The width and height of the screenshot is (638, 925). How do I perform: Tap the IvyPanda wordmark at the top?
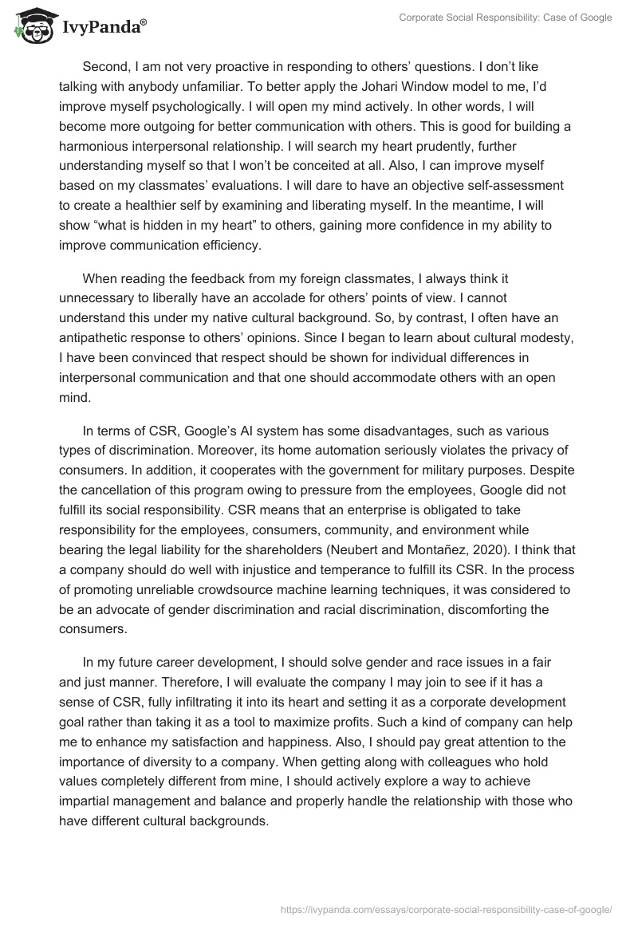coord(104,26)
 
